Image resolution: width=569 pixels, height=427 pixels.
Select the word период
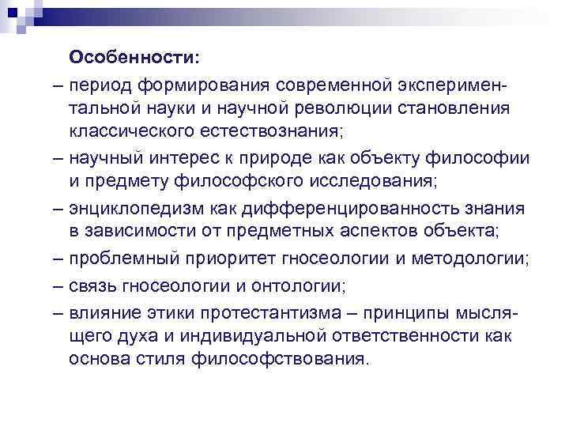[x=100, y=84]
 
